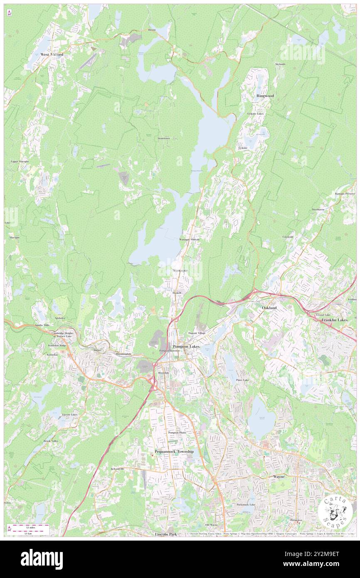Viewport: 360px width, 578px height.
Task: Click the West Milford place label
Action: pyautogui.click(x=52, y=54)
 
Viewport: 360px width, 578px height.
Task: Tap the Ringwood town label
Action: pyautogui.click(x=265, y=96)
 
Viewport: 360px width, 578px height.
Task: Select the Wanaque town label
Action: pyautogui.click(x=180, y=271)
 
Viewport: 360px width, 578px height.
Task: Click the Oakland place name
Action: pyautogui.click(x=269, y=307)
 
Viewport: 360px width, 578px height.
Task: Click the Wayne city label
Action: pyautogui.click(x=279, y=477)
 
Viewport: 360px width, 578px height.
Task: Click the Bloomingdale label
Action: pyautogui.click(x=123, y=354)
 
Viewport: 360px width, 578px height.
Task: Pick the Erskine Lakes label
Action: pyautogui.click(x=255, y=114)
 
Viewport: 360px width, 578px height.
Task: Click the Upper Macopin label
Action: pyautogui.click(x=19, y=161)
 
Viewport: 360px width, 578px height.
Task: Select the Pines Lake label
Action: pyautogui.click(x=242, y=380)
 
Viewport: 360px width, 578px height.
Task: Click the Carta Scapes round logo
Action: pyautogui.click(x=335, y=512)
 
